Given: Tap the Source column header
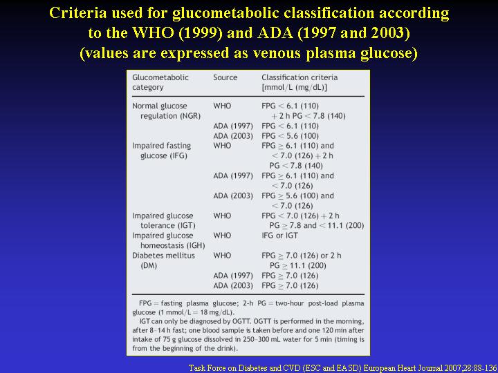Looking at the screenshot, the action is pos(225,77).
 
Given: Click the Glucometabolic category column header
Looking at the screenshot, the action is pos(160,82).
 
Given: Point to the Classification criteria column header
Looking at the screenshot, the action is pos(299,82).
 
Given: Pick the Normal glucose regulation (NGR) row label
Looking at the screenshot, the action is pos(166,111).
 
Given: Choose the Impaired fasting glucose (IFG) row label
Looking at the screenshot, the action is pos(162,151).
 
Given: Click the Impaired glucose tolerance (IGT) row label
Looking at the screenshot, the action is pos(163,220).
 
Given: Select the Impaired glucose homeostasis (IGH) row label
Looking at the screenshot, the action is pos(168,240).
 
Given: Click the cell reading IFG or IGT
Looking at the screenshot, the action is pos(280,236).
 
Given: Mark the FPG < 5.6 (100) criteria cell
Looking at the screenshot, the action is pos(290,136).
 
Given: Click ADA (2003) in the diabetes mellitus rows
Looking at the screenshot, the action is pos(233,286).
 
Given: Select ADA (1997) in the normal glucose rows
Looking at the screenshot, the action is pos(233,126).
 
